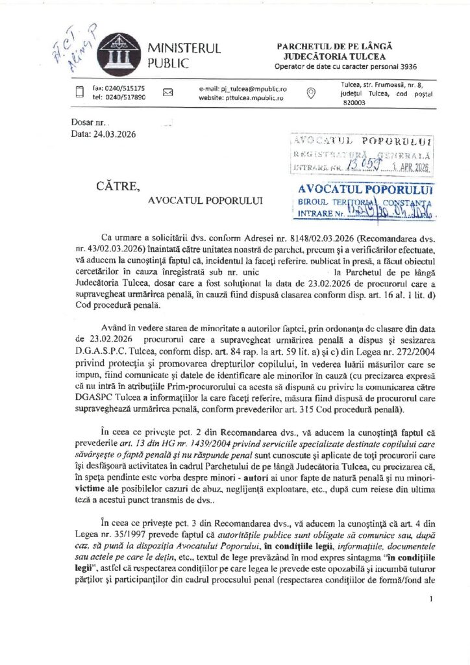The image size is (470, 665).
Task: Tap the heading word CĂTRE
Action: pos(117,186)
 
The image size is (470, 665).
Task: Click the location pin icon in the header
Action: pos(310,92)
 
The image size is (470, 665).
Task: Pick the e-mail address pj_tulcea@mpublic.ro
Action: pos(243,88)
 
